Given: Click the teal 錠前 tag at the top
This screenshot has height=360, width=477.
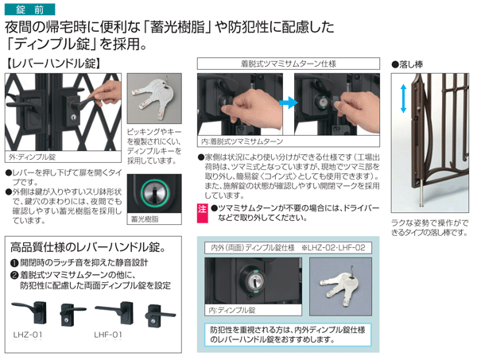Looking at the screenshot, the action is pyautogui.click(x=30, y=10).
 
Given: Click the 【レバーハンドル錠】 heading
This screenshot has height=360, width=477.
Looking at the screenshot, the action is pyautogui.click(x=53, y=64).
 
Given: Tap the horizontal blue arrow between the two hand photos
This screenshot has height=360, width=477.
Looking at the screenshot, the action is pyautogui.click(x=289, y=103).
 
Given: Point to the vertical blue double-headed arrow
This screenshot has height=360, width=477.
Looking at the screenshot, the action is pyautogui.click(x=403, y=99).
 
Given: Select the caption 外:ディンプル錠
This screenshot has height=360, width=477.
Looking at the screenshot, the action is pyautogui.click(x=32, y=157).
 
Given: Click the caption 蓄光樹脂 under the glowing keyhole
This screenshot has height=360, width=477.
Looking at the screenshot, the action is pyautogui.click(x=145, y=219).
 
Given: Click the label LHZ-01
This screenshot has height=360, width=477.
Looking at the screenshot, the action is pyautogui.click(x=28, y=335).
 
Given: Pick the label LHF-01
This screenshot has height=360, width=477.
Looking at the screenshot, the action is pyautogui.click(x=108, y=335).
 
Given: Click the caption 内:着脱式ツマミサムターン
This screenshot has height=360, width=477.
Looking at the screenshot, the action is pyautogui.click(x=242, y=141).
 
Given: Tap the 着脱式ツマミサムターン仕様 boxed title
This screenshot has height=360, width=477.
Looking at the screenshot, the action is pyautogui.click(x=289, y=64).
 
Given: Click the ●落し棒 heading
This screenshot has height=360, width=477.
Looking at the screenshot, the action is pyautogui.click(x=407, y=64).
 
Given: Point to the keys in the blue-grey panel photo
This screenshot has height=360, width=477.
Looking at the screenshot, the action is pyautogui.click(x=339, y=286).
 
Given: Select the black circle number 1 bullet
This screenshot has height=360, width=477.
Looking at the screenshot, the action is pyautogui.click(x=14, y=263).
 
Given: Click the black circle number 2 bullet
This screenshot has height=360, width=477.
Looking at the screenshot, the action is pyautogui.click(x=14, y=276).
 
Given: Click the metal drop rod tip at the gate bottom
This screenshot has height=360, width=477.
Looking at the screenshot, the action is pyautogui.click(x=421, y=205).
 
